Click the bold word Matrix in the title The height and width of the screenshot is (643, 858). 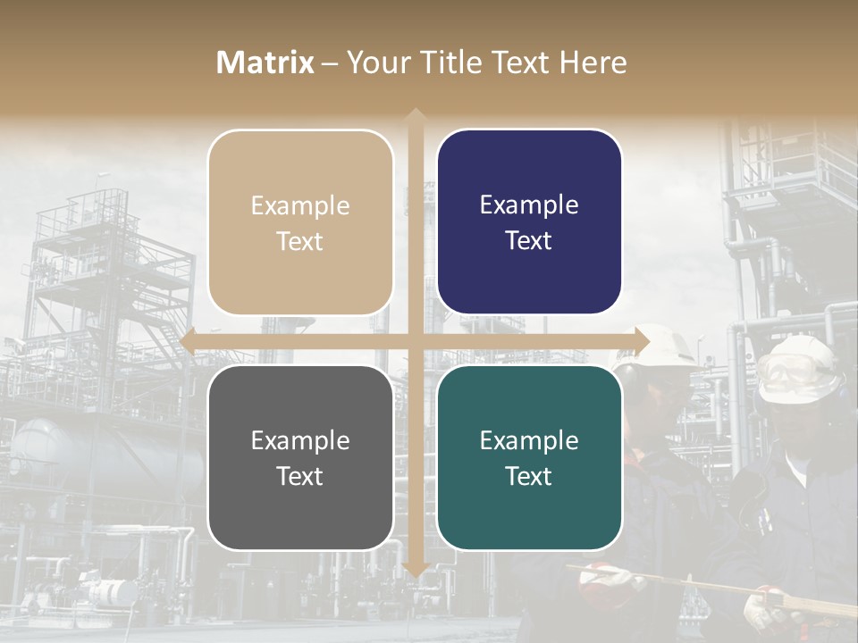[x=265, y=63]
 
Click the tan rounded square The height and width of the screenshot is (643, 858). [x=300, y=222]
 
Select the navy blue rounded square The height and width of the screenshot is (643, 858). [x=529, y=222]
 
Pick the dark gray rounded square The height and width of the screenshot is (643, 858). [x=300, y=457]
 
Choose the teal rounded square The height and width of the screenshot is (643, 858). [x=529, y=457]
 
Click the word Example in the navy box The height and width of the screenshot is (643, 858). [x=529, y=205]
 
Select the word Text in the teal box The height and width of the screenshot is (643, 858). [x=529, y=476]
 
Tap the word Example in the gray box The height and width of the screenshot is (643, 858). [x=300, y=440]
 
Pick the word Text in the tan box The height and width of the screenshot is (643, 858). [x=300, y=241]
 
